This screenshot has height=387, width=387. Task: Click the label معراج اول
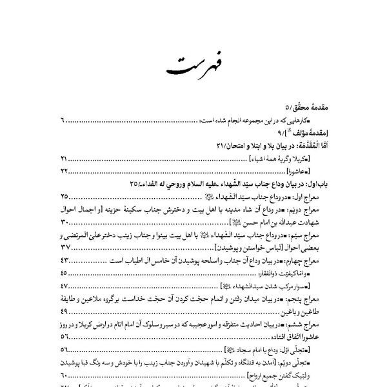pyautogui.click(x=330, y=196)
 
